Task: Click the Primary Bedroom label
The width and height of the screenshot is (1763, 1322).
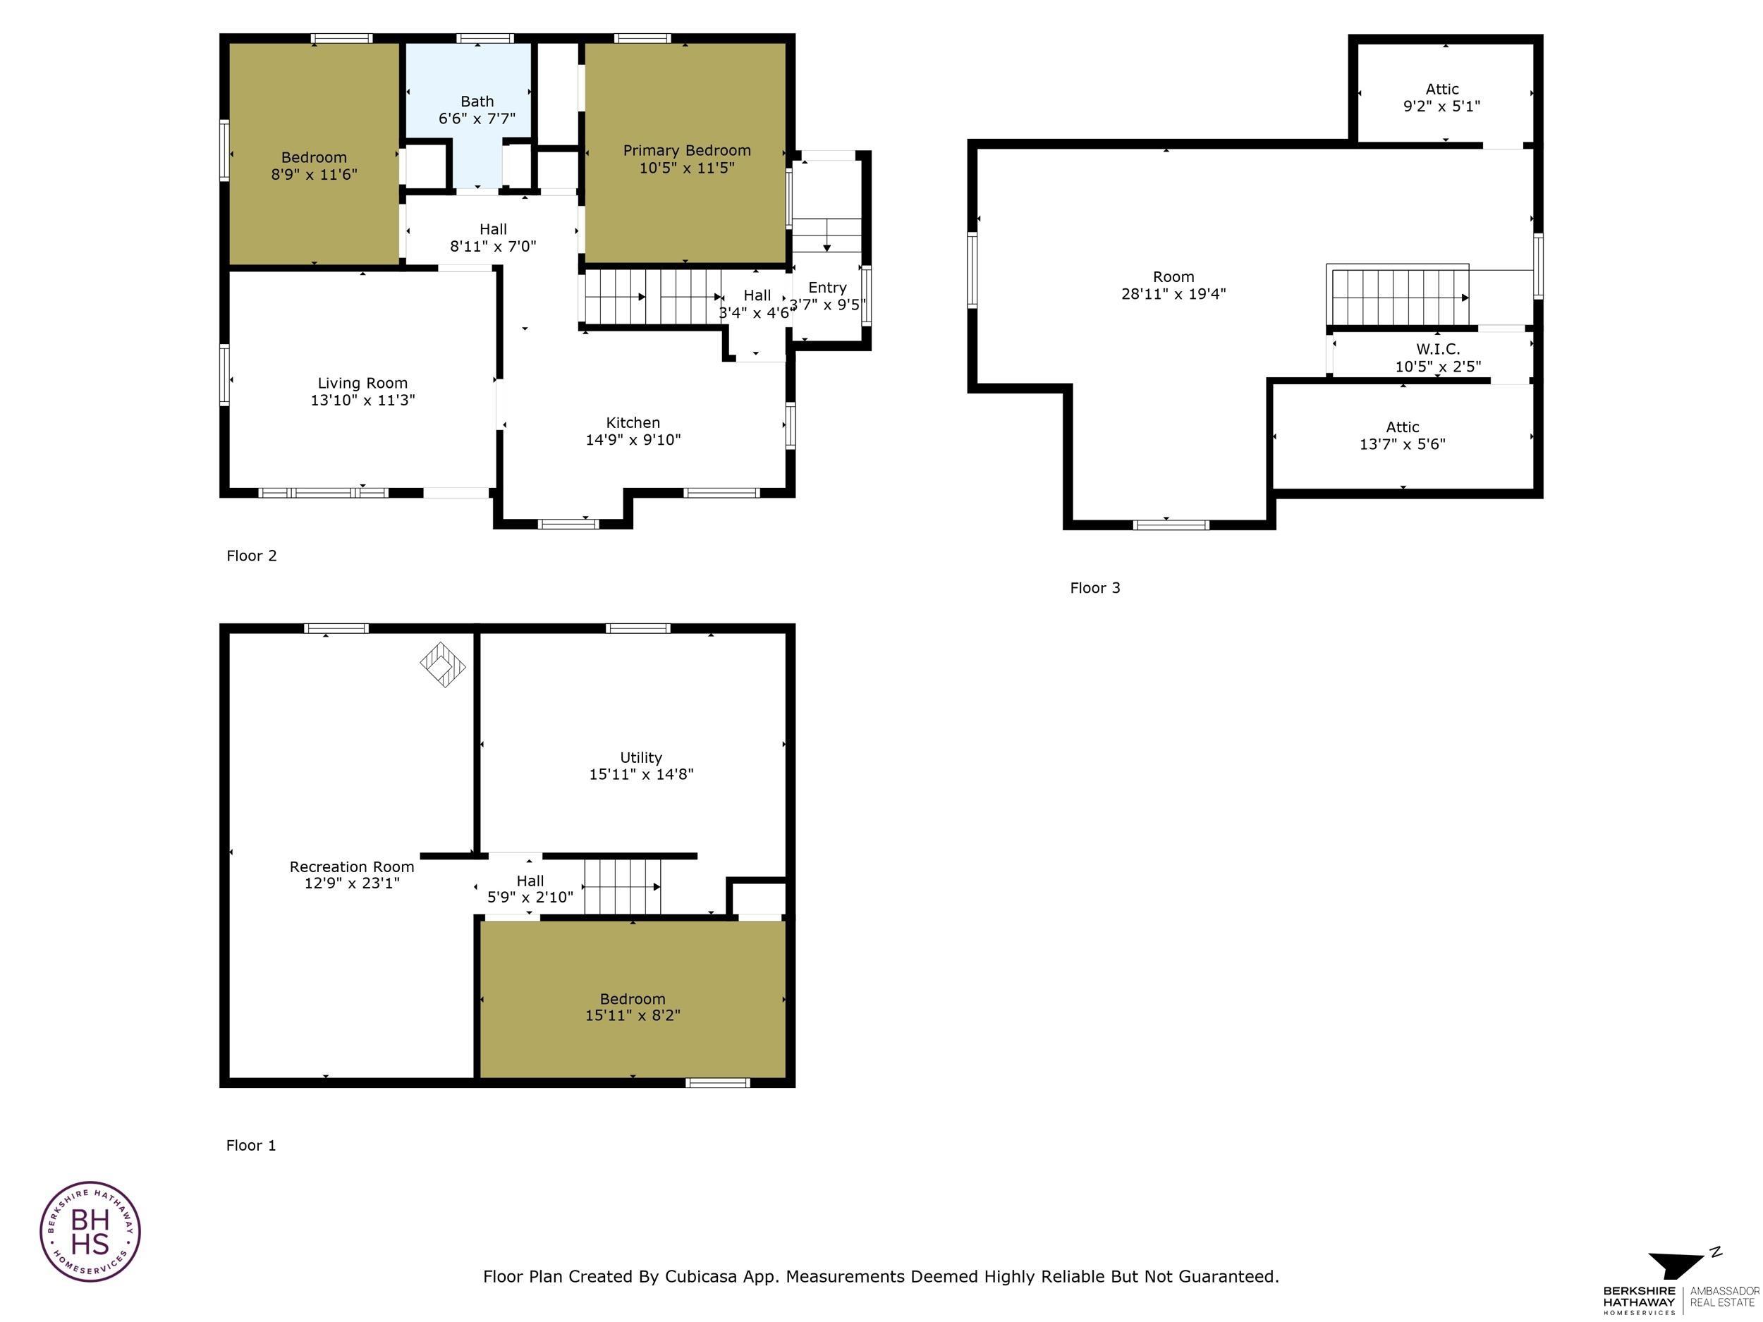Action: tap(686, 151)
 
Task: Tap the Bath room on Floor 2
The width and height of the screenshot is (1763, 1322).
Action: tap(477, 110)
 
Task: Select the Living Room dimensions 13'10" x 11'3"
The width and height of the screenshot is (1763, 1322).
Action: tap(362, 400)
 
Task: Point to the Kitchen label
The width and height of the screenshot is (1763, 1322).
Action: tap(633, 422)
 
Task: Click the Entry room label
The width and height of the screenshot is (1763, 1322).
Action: tap(826, 288)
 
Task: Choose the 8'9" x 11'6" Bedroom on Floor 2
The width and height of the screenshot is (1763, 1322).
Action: tap(314, 166)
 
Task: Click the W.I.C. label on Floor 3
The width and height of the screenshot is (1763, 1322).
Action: tap(1438, 349)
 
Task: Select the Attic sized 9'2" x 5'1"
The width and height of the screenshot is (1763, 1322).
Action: tap(1442, 97)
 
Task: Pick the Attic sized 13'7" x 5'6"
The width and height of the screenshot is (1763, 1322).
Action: tap(1402, 435)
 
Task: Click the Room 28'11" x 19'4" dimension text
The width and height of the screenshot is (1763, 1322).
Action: tap(1173, 294)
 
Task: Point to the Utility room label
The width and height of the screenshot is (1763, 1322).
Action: tap(641, 757)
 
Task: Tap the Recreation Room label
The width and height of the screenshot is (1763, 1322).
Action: tap(351, 867)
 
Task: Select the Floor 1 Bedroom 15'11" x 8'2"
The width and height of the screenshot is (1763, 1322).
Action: tap(632, 1006)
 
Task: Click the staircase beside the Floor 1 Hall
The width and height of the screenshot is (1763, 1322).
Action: tap(623, 886)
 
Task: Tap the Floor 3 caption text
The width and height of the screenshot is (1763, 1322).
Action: tap(1094, 588)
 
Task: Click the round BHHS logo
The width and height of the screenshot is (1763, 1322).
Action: tap(90, 1232)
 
